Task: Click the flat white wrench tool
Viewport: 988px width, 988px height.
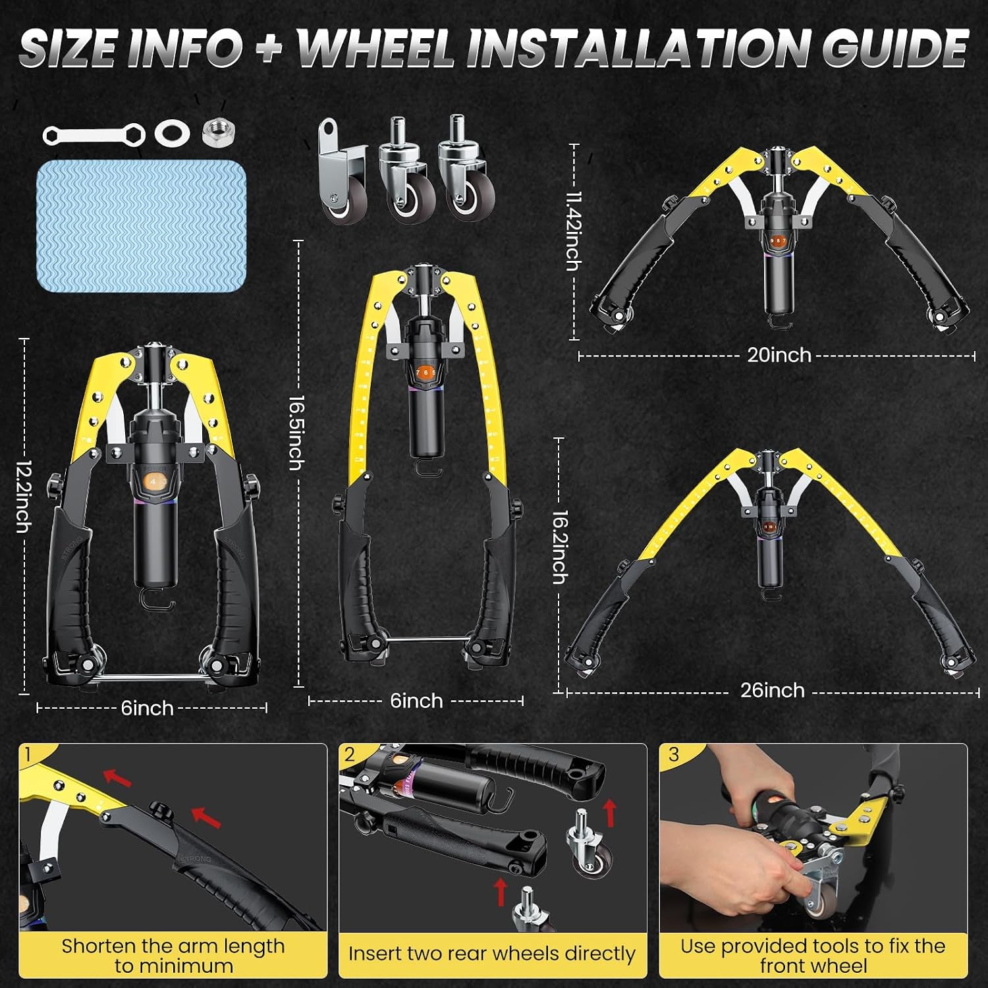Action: [94, 135]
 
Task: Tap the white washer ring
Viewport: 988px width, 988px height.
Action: [173, 133]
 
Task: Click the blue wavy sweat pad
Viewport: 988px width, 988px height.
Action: [141, 225]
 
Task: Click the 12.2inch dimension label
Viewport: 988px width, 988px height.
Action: [24, 496]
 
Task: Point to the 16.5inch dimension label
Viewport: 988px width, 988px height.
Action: [297, 432]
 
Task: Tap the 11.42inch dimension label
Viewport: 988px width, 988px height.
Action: [574, 231]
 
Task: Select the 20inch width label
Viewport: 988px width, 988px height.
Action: [779, 355]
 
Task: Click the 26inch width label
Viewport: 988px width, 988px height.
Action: [772, 690]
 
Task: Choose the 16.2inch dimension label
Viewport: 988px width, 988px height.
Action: [560, 547]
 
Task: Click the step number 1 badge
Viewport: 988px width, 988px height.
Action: [28, 754]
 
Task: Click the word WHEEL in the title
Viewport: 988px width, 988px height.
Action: [376, 48]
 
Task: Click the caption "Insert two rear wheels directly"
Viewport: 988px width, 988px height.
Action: [491, 954]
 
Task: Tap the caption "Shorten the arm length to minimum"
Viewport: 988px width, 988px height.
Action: [173, 956]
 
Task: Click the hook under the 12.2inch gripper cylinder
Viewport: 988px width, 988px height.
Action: [157, 600]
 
